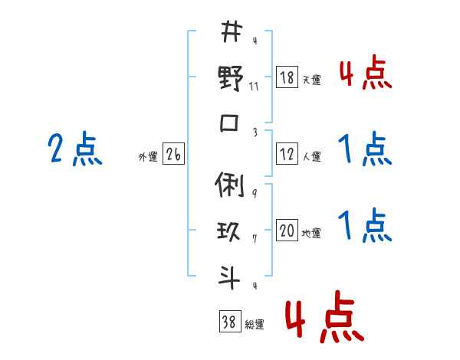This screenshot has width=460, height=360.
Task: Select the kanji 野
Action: pos(231,78)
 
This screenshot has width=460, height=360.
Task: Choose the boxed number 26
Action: pos(174,155)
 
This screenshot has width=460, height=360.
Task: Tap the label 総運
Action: pos(255,325)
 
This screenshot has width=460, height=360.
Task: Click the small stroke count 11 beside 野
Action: pos(255,87)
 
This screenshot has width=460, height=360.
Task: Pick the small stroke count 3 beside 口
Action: pos(255,132)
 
